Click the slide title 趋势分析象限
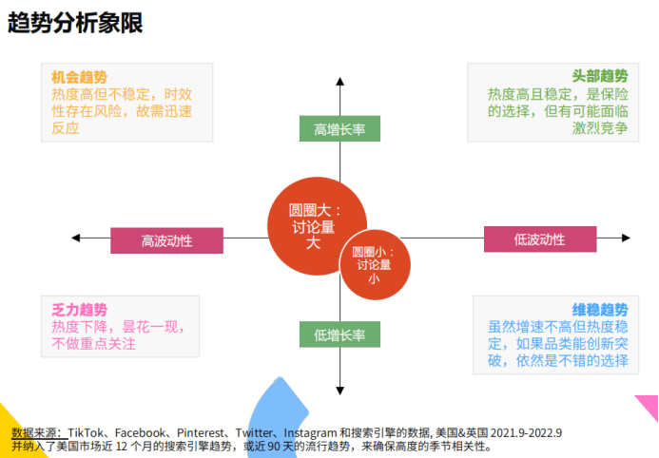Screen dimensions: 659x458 [x=75, y=22]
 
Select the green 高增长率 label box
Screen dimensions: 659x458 [x=339, y=128]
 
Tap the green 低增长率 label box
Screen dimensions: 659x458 [x=339, y=334]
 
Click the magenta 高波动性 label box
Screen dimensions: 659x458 [x=166, y=240]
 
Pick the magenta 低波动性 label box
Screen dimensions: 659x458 [x=540, y=239]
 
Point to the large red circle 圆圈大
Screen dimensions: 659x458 [x=317, y=226]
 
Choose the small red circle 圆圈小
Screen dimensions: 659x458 [x=375, y=264]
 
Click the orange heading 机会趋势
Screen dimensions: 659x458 [x=80, y=77]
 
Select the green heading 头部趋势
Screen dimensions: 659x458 [x=600, y=76]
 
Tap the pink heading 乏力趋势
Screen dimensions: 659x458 [x=80, y=310]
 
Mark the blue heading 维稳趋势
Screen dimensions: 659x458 [x=600, y=310]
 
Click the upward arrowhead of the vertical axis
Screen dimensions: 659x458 [x=340, y=81]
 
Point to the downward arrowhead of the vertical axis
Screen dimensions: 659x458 [x=340, y=391]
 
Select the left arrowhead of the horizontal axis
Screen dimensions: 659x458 [x=76, y=238]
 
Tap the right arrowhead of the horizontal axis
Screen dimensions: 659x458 [x=627, y=238]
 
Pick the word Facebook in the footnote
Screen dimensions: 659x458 [x=140, y=432]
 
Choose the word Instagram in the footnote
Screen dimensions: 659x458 [x=310, y=432]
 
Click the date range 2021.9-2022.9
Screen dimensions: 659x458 [x=526, y=432]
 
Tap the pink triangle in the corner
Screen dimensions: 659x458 [x=650, y=405]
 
